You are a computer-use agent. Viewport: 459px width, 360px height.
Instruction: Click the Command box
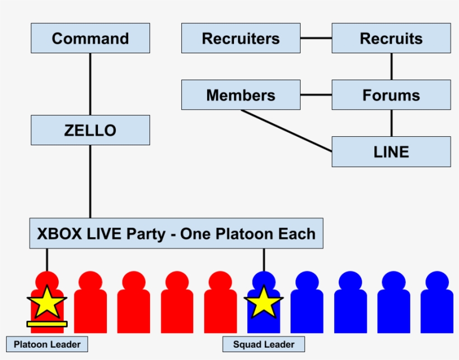pyautogui.click(x=90, y=38)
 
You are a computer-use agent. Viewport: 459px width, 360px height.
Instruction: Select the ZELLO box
pyautogui.click(x=90, y=130)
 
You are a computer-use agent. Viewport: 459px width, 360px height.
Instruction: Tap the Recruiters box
pyautogui.click(x=241, y=38)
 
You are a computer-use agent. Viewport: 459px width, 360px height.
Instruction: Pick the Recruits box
pyautogui.click(x=391, y=38)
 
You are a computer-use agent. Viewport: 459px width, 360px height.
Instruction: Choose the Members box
pyautogui.click(x=241, y=95)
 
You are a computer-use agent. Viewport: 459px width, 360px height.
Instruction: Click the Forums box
pyautogui.click(x=391, y=95)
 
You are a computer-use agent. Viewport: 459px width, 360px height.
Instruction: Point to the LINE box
pyautogui.click(x=391, y=151)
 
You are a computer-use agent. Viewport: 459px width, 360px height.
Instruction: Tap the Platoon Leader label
pyautogui.click(x=47, y=344)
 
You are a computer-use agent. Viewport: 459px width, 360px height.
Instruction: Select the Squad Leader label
pyautogui.click(x=263, y=344)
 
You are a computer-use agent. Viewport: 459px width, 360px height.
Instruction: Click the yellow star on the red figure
pyautogui.click(x=46, y=303)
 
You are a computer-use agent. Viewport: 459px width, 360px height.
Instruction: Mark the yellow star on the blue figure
pyautogui.click(x=264, y=303)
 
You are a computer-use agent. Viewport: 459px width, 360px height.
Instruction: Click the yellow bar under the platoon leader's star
pyautogui.click(x=47, y=324)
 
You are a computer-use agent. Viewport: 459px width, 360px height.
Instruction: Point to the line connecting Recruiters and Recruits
pyautogui.click(x=316, y=38)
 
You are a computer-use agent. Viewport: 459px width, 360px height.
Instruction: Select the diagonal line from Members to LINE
pyautogui.click(x=287, y=130)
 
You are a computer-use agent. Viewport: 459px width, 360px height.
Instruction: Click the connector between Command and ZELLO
pyautogui.click(x=90, y=84)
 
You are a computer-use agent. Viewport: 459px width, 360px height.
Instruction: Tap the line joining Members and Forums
pyautogui.click(x=316, y=95)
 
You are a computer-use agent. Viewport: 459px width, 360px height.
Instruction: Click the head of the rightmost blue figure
pyautogui.click(x=438, y=280)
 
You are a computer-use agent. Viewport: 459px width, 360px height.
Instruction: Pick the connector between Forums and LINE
pyautogui.click(x=391, y=123)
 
